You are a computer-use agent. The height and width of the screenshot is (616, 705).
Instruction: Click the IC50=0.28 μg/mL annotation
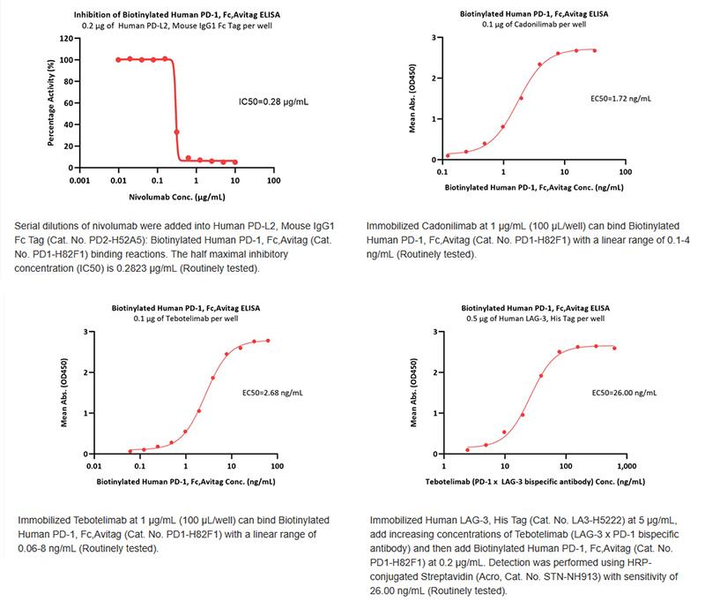(274, 101)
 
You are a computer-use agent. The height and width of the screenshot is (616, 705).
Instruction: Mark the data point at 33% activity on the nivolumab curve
(178, 132)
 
